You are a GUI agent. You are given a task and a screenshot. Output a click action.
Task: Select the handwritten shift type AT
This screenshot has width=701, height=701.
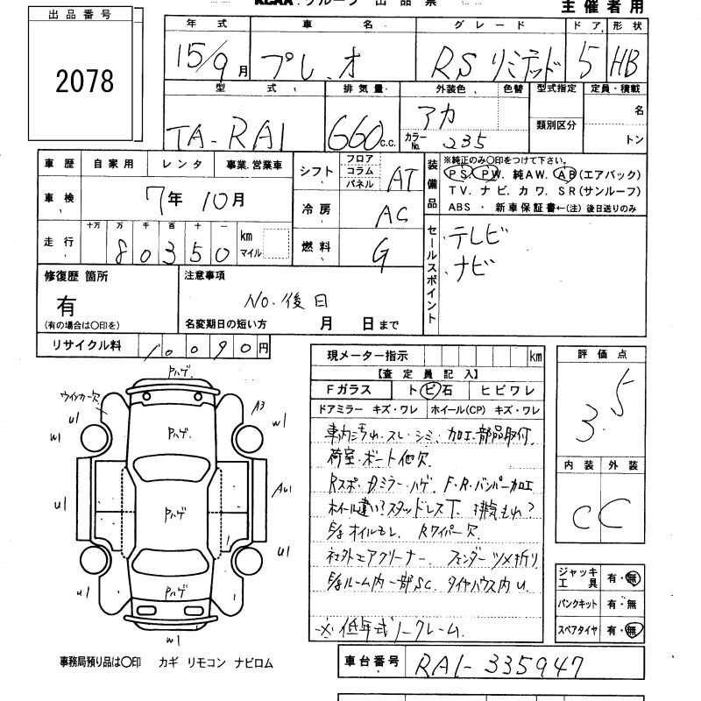click(x=400, y=179)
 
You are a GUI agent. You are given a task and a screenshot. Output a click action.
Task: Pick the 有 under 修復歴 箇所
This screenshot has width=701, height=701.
click(x=67, y=306)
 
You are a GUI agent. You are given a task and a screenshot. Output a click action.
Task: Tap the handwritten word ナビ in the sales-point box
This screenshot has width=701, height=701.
click(x=473, y=266)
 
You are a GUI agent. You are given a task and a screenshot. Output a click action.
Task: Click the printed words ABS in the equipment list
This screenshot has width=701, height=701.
click(x=459, y=208)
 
